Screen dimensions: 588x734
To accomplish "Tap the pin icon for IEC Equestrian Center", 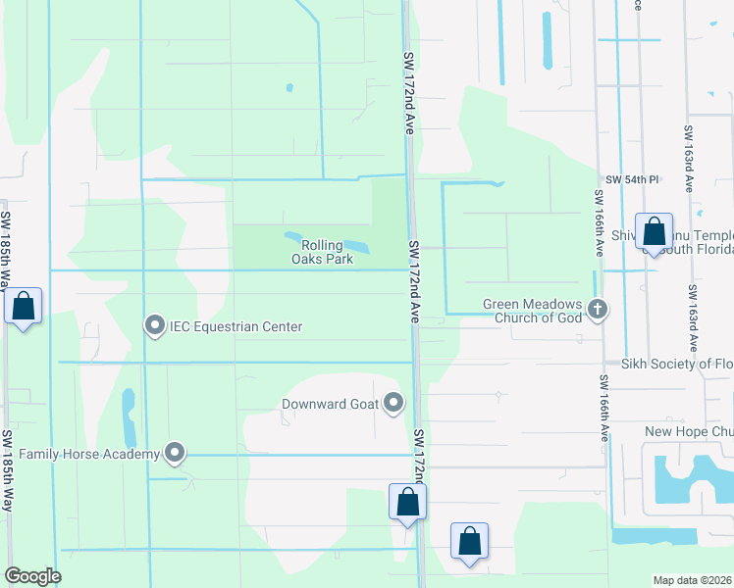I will (x=154, y=326).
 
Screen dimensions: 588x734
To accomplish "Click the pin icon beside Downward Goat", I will (x=394, y=403).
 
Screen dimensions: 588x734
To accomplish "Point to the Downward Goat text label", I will (x=329, y=404).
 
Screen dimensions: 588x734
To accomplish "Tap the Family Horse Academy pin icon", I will (x=176, y=453).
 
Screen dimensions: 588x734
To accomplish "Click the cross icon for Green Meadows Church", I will (x=598, y=311).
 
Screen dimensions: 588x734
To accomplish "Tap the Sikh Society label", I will (x=677, y=364).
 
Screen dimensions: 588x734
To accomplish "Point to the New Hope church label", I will (x=689, y=432).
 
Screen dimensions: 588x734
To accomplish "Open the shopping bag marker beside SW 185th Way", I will (x=25, y=306).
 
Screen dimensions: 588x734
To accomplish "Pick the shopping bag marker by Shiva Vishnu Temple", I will (x=654, y=231).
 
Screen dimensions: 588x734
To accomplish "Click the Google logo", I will (x=32, y=576).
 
